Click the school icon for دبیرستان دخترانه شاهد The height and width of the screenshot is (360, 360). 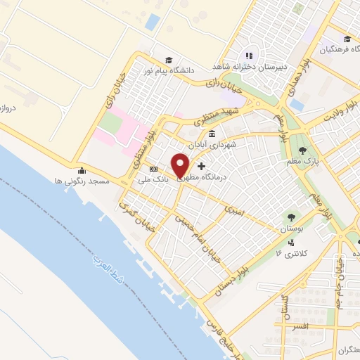point(248,56)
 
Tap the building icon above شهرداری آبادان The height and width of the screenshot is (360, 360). point(212,133)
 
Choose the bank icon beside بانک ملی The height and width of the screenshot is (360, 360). point(154,169)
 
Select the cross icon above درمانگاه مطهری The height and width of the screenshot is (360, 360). point(202,167)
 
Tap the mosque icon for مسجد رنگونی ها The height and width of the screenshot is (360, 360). point(82,169)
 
